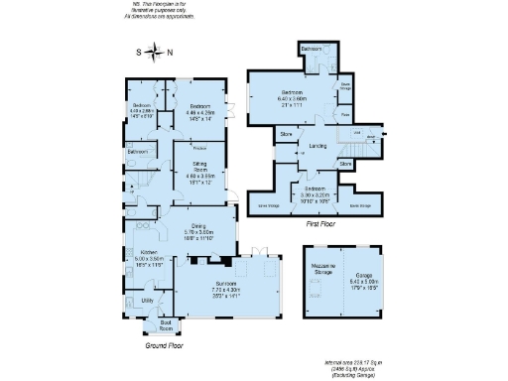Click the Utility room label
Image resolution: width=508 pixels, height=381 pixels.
(147, 299)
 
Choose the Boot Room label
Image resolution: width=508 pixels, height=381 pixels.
(152, 324)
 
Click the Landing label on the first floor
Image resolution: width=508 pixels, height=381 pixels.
(318, 146)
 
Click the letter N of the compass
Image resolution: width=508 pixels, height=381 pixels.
(169, 55)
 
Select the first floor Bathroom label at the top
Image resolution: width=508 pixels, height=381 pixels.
(312, 48)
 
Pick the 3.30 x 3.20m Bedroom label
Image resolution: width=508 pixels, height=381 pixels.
(316, 189)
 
